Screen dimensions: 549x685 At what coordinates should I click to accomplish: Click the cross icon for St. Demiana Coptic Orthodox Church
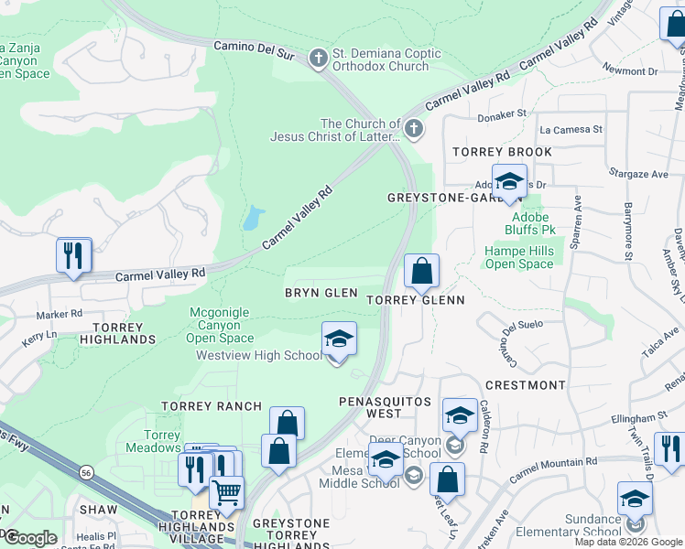(319, 59)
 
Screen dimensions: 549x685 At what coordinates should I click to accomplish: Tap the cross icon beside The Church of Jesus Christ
(414, 129)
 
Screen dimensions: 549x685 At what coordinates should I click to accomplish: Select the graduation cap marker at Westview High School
(338, 340)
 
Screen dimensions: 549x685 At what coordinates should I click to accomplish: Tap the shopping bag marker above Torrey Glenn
(421, 272)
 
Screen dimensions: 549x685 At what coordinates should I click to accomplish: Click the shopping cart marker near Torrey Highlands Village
(226, 493)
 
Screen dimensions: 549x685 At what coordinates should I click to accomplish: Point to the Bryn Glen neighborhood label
(321, 292)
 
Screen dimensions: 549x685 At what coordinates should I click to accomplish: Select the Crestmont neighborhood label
(525, 385)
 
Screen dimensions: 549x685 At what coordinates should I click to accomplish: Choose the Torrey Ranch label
(212, 405)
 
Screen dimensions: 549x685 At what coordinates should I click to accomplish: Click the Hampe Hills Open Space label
(519, 257)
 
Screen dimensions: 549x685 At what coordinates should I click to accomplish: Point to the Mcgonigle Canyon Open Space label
(219, 325)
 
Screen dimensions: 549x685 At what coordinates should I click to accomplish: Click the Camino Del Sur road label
(254, 49)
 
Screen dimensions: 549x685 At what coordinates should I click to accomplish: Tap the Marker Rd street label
(60, 314)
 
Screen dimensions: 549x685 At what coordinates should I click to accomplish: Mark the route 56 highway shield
(86, 473)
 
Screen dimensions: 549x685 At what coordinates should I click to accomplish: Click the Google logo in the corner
(30, 538)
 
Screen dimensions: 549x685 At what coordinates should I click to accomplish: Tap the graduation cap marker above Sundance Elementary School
(635, 499)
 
